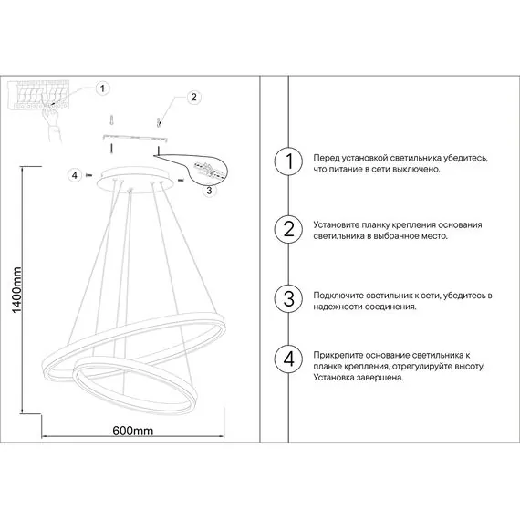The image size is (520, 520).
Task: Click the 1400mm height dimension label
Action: click(x=16, y=290)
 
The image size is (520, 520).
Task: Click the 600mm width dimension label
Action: click(x=132, y=431)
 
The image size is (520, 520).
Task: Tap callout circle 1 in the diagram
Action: click(x=102, y=88)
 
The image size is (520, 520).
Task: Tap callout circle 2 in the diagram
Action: click(x=193, y=97)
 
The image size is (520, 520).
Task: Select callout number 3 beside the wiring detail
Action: click(x=209, y=191)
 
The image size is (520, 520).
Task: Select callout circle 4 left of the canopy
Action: click(x=75, y=175)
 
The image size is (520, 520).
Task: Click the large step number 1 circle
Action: click(x=288, y=161)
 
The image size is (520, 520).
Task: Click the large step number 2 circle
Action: click(x=288, y=229)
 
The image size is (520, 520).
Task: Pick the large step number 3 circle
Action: click(x=288, y=298)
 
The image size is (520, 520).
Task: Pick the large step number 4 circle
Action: click(x=288, y=359)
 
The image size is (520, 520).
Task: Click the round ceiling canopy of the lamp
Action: click(x=135, y=180)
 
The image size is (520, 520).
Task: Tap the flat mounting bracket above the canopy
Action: click(x=135, y=137)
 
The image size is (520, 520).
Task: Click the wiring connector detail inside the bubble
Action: click(x=210, y=169)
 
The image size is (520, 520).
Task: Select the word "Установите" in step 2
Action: click(x=337, y=225)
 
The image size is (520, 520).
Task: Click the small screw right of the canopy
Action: click(x=181, y=180)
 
